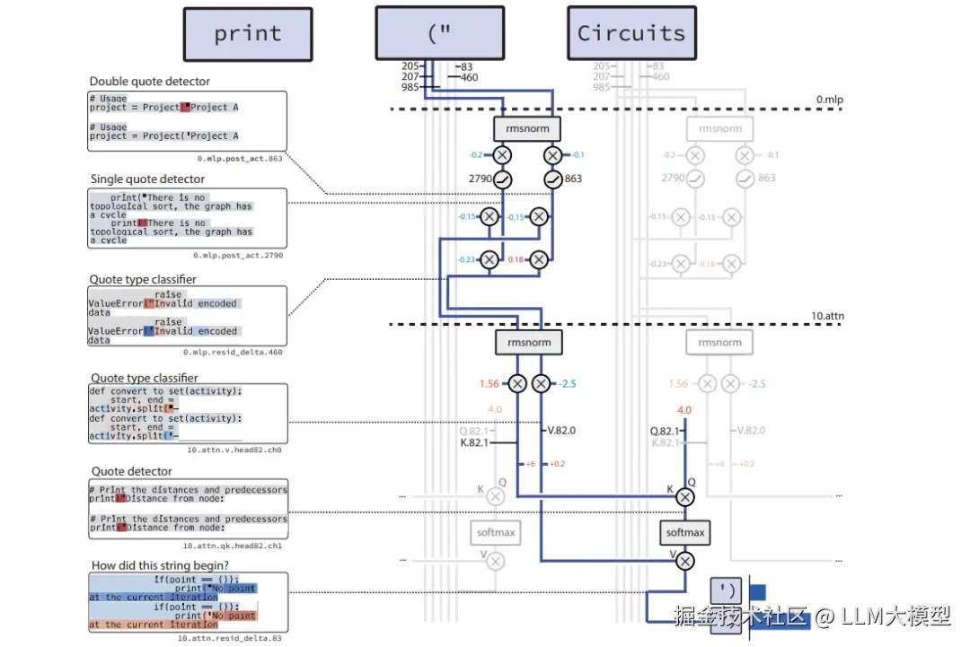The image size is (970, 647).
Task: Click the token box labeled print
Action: click(x=248, y=34)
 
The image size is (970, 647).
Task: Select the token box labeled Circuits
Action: click(x=631, y=33)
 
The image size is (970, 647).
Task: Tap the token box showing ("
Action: click(x=439, y=34)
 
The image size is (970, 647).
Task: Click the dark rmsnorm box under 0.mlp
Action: click(x=527, y=128)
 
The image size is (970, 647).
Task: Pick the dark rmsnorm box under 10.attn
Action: click(x=529, y=342)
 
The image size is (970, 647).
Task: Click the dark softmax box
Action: click(x=685, y=532)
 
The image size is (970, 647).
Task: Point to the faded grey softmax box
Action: click(x=496, y=532)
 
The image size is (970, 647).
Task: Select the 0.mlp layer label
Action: click(x=829, y=99)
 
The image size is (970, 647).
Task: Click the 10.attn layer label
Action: click(x=826, y=316)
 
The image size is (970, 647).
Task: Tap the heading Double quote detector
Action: click(x=150, y=82)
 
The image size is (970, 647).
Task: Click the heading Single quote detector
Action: click(x=147, y=179)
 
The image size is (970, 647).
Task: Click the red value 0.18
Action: click(x=516, y=259)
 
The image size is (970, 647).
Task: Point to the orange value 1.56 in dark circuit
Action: click(x=489, y=383)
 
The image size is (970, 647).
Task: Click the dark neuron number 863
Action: click(x=574, y=179)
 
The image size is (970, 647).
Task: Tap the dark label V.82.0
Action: click(x=561, y=431)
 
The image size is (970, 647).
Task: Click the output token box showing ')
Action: click(x=727, y=591)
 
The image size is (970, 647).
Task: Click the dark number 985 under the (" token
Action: click(x=410, y=87)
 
